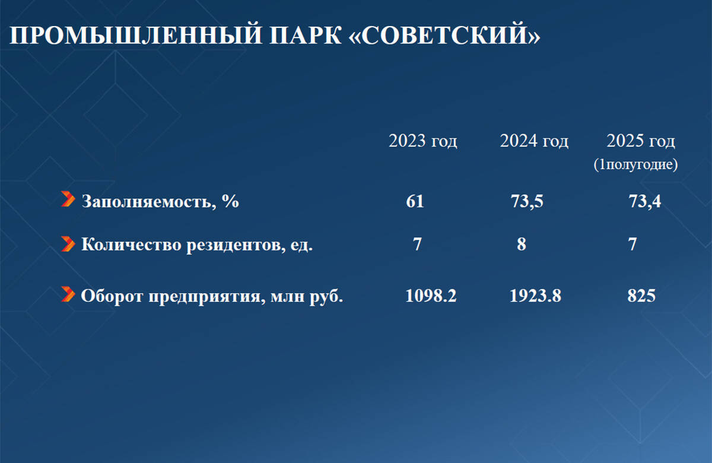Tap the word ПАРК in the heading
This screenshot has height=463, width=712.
[306, 34]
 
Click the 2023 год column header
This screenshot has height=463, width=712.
[422, 141]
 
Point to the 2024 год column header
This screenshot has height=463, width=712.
[534, 141]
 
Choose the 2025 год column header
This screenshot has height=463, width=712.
[640, 141]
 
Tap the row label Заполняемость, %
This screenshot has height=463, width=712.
[160, 201]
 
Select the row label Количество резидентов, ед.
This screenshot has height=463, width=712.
[197, 245]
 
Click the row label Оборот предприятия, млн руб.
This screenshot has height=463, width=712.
[212, 296]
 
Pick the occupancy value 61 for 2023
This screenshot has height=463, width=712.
[415, 201]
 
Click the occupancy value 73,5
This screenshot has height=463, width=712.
[527, 202]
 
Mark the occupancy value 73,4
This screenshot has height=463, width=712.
[644, 202]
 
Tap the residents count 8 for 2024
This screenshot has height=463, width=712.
[522, 245]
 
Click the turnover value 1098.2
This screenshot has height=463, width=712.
[431, 296]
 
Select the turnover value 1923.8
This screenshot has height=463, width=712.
[535, 296]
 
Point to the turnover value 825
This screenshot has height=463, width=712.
[641, 296]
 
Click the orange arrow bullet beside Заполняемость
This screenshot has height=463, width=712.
[68, 199]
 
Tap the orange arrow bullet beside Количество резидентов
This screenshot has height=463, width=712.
[68, 244]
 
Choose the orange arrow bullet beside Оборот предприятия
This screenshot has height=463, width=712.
[68, 294]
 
